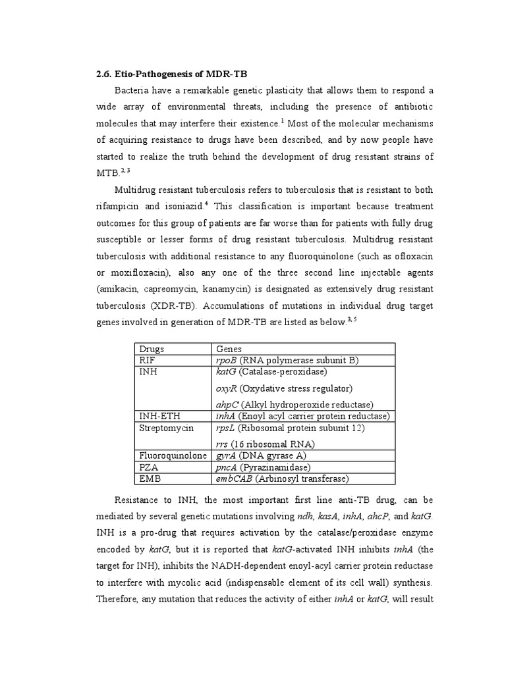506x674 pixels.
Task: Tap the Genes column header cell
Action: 229,349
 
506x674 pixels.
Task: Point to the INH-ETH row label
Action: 159,416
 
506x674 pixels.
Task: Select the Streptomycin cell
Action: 166,428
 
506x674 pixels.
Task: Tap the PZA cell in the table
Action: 147,467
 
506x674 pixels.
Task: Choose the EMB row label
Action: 148,479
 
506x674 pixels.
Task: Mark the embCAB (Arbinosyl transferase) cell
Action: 282,479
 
